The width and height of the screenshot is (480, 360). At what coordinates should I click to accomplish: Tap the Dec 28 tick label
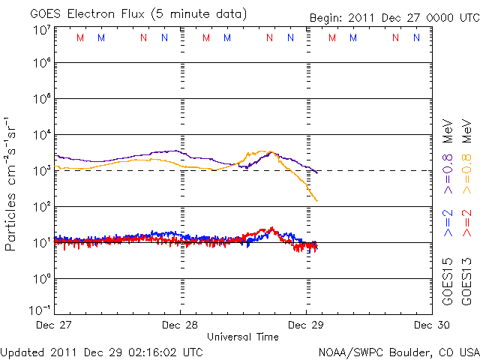coord(180,325)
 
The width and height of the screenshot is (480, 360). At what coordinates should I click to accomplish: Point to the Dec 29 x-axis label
coord(306,325)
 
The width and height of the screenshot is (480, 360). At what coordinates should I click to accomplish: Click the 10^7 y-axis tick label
coord(40,30)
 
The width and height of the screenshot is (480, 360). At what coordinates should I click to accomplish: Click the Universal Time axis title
coord(242,337)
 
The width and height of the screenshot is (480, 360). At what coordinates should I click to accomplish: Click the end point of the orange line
coord(317,201)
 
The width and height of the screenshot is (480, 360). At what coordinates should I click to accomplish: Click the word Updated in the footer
coord(22,351)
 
